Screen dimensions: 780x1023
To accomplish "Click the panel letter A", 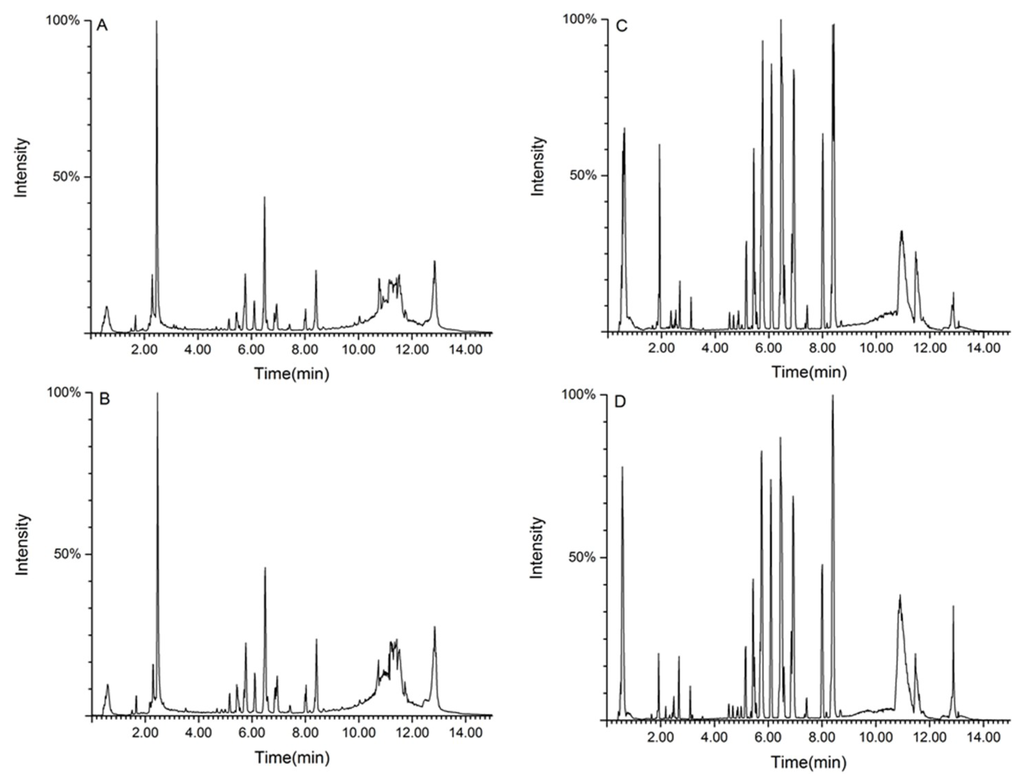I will [x=102, y=25].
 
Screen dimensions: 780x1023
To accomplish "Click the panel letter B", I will [x=104, y=399].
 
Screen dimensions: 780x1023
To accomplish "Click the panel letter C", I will [x=621, y=25].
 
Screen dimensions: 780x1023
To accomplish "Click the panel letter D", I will [x=620, y=402].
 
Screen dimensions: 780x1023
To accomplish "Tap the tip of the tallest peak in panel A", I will [x=156, y=21].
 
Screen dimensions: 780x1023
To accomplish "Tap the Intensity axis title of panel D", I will [x=536, y=548].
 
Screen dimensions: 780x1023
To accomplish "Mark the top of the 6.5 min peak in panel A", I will [x=264, y=197].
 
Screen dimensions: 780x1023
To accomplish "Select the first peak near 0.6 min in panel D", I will [x=622, y=468].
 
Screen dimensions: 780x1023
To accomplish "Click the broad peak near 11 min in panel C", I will [x=901, y=231].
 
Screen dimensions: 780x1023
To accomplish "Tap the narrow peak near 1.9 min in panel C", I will [x=659, y=145].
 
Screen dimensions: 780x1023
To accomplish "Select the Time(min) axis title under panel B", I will [x=292, y=758].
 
